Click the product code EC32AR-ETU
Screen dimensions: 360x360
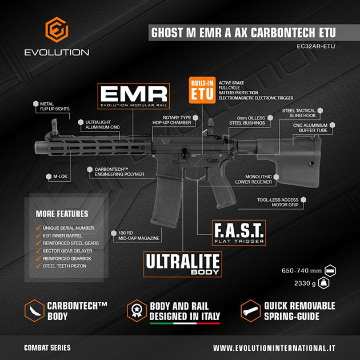click(x=314, y=46)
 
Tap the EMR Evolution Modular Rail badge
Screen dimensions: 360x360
click(x=134, y=97)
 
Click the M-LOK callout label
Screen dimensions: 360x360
click(x=60, y=177)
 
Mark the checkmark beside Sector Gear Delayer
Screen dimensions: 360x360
click(x=38, y=251)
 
